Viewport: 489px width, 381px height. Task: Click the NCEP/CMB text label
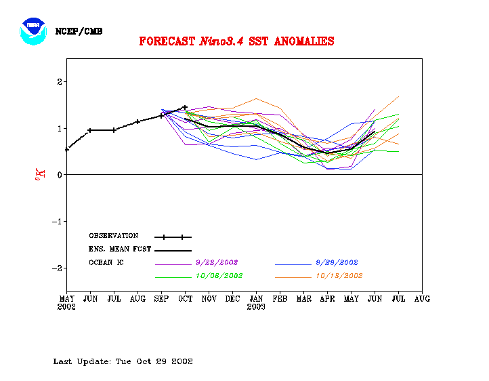coord(79,31)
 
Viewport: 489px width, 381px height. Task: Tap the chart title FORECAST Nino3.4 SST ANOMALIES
coord(236,41)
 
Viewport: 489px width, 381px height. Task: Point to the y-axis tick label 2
coord(60,82)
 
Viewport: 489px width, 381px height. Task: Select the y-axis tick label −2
coord(58,268)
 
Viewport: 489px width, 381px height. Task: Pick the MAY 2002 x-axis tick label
coord(66,302)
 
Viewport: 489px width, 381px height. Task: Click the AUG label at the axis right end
coord(422,298)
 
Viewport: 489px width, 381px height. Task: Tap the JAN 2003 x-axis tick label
coord(256,302)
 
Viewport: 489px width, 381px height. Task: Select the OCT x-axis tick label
coord(185,298)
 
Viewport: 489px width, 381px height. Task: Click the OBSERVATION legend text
coord(113,236)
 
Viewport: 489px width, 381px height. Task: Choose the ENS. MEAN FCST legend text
coord(120,249)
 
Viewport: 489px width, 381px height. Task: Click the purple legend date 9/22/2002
coord(217,262)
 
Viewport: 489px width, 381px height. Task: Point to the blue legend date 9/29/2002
coord(337,262)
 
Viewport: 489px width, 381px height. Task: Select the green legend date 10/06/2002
coord(219,276)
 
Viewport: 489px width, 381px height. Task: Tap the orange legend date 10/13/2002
coord(339,276)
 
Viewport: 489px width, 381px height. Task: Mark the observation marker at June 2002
coord(90,130)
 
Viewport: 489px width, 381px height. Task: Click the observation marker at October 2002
coord(185,107)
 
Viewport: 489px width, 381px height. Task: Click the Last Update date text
coord(123,361)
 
